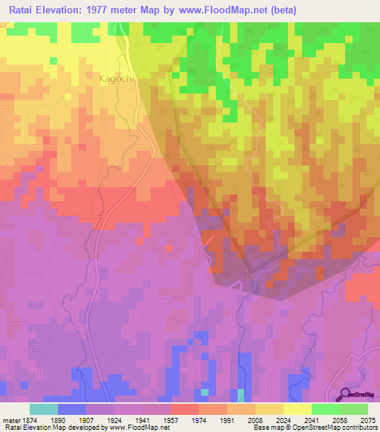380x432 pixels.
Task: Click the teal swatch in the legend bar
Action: pyautogui.click(x=44, y=409)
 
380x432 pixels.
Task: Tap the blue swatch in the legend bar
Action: pyautogui.click(x=72, y=409)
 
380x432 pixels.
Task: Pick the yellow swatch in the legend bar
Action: pyautogui.click(x=298, y=409)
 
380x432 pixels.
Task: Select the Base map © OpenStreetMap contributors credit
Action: pyautogui.click(x=314, y=428)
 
